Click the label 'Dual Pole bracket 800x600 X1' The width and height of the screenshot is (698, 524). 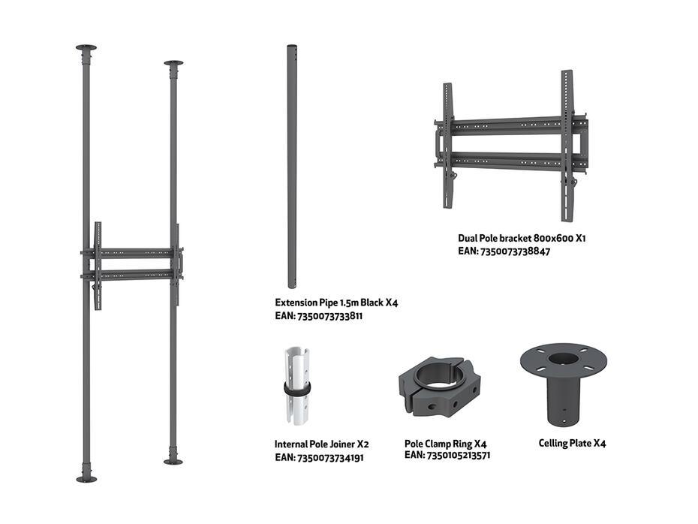522,238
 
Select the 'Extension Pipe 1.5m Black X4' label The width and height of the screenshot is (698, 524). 336,303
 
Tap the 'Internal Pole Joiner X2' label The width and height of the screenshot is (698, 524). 321,444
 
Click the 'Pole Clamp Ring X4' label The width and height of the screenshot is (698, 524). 445,444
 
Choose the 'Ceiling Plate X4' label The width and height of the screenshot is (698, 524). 572,443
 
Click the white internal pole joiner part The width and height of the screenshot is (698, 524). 297,386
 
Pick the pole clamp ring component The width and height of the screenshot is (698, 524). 439,386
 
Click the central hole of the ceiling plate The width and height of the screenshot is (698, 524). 563,359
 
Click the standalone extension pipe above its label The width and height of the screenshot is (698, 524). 291,166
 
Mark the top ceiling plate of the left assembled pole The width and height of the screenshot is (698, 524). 86,47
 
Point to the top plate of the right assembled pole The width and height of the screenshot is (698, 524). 173,63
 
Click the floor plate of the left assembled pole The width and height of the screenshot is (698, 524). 86,479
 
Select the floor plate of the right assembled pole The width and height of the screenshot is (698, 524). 173,462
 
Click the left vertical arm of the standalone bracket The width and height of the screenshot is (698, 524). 448,146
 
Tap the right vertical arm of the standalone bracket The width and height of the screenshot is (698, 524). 567,146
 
